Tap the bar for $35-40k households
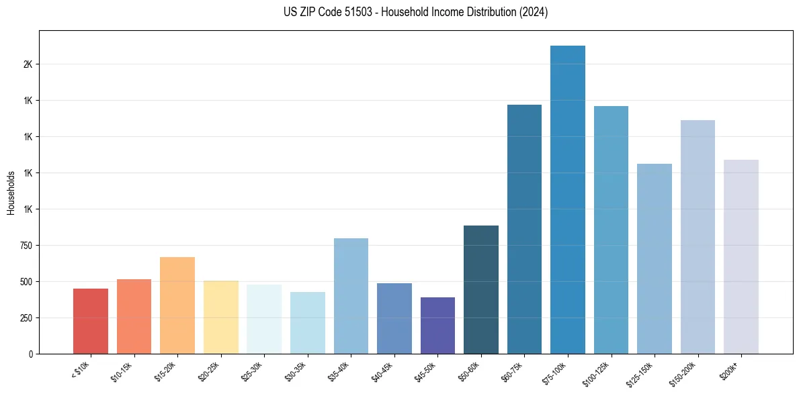coord(351,296)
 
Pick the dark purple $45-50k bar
coord(437,326)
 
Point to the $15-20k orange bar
coord(177,305)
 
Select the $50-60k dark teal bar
coord(481,289)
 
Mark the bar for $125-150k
coord(655,258)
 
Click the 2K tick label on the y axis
coord(28,64)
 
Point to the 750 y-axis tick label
coord(26,246)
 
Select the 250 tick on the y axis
coord(26,318)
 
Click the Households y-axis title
coord(11,193)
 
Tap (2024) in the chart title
coord(534,12)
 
